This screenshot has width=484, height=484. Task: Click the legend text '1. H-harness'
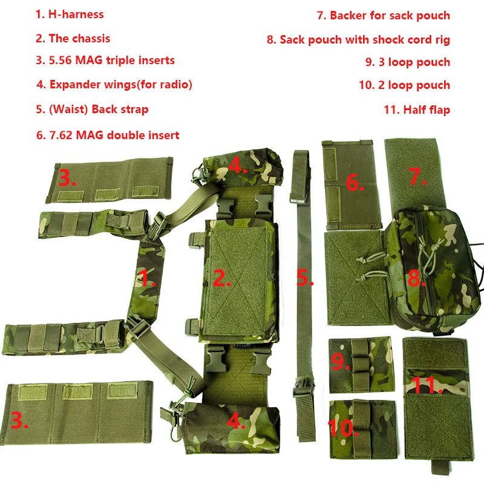click(70, 15)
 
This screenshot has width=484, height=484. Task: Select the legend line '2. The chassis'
click(73, 39)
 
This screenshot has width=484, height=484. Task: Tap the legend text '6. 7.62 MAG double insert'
click(108, 135)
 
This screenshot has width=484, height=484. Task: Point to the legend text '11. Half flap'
click(417, 110)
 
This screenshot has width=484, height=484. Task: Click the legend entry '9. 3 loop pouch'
click(408, 62)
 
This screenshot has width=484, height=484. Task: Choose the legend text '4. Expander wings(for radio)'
click(114, 85)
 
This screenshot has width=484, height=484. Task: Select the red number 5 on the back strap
click(305, 277)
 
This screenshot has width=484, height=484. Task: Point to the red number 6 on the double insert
click(355, 183)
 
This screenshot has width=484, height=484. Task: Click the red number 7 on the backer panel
click(417, 176)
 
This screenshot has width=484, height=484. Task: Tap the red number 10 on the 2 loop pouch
click(342, 428)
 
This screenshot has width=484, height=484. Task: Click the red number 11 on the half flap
click(427, 385)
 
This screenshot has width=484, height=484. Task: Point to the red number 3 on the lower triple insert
click(19, 420)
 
